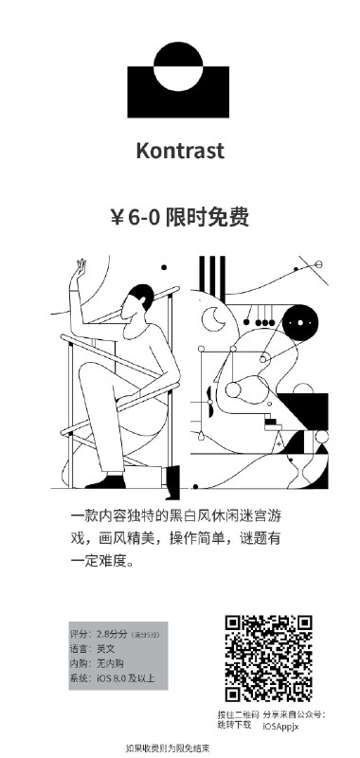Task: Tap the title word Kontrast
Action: pyautogui.click(x=180, y=151)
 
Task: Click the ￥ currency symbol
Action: pyautogui.click(x=118, y=217)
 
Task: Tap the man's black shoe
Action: pyautogui.click(x=172, y=476)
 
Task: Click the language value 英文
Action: pyautogui.click(x=105, y=648)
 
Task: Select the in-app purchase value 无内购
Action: pyautogui.click(x=110, y=663)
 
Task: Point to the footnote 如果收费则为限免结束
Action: pyautogui.click(x=167, y=748)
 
